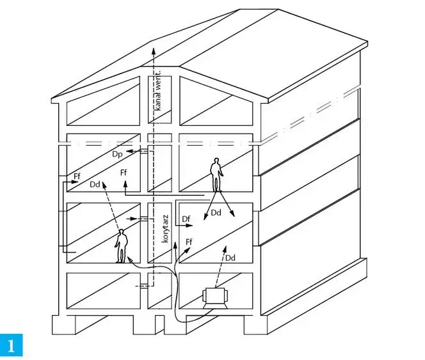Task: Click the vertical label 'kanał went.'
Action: pos(158,90)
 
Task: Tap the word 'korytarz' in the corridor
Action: pos(166,229)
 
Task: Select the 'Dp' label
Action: pos(117,154)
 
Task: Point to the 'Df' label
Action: pos(186,219)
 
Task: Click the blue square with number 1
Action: pos(11,345)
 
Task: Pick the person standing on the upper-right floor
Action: pos(216,175)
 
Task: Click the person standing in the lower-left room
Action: pos(122,246)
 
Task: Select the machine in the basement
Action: pos(215,298)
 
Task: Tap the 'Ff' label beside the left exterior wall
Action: pos(77,176)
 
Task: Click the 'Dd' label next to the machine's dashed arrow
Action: pos(230,258)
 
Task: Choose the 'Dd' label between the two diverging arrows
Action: pos(216,213)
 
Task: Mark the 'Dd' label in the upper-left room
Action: pos(95,184)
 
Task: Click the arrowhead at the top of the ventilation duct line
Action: pos(154,51)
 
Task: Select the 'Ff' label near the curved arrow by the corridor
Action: pos(189,242)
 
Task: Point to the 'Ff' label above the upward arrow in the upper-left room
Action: pos(124,173)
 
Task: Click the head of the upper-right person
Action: pos(216,160)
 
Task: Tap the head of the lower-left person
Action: pos(121,232)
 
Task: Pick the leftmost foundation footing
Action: pos(63,325)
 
